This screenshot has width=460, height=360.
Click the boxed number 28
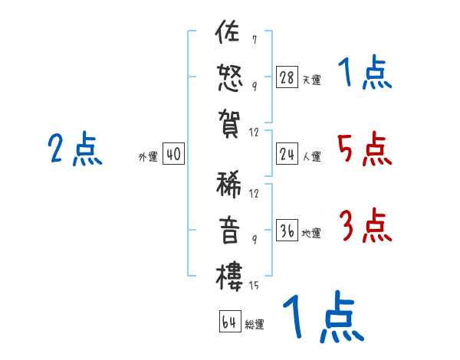tap(287, 77)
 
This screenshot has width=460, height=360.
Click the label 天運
tap(311, 79)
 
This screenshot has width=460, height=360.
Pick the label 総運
tap(255, 324)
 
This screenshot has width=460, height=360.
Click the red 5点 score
tap(365, 149)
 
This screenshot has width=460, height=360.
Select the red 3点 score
tap(365, 225)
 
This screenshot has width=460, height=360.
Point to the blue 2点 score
tap(75, 149)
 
